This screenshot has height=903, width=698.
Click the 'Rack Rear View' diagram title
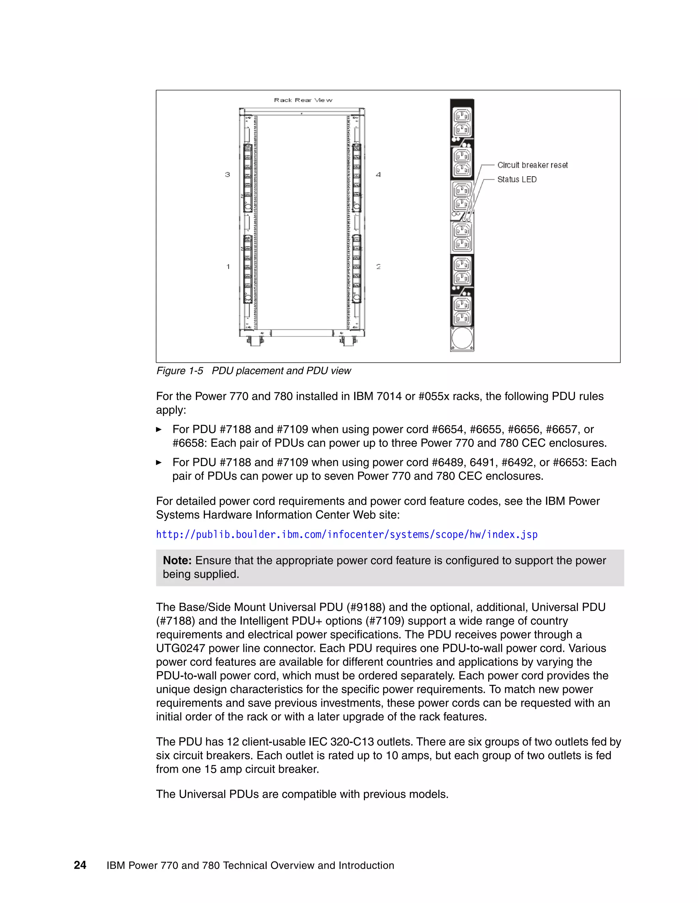click(x=303, y=100)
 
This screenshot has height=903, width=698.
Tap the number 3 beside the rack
click(x=227, y=174)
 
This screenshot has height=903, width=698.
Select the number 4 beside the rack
click(x=378, y=174)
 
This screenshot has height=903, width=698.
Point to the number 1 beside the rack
click(x=228, y=267)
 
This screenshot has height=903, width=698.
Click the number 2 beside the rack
click(x=378, y=267)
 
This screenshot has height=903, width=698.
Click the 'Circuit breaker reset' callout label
click(x=532, y=165)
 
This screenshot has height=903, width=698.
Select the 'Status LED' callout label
click(x=517, y=180)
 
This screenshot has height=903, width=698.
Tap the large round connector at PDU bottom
click(x=462, y=339)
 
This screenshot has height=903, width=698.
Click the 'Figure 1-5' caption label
click(x=180, y=371)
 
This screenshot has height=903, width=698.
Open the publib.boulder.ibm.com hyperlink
click(x=347, y=535)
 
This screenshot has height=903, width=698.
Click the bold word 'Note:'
click(x=177, y=561)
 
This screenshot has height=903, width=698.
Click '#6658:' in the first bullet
click(x=190, y=443)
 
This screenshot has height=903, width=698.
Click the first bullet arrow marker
click(x=159, y=430)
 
